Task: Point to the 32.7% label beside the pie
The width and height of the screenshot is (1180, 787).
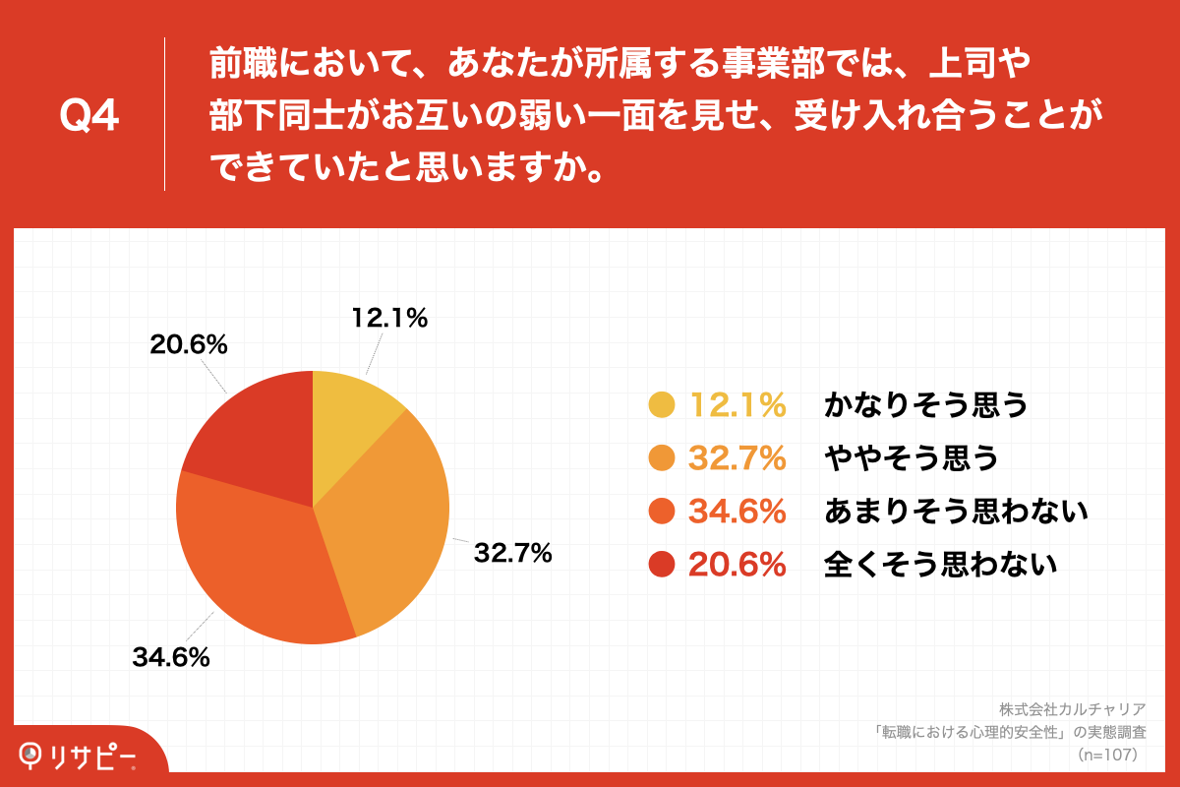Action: pyautogui.click(x=512, y=554)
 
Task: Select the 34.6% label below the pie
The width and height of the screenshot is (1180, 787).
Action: pyautogui.click(x=171, y=658)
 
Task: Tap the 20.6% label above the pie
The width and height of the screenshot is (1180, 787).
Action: pyautogui.click(x=189, y=345)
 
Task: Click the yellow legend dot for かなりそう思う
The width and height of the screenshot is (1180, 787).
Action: pyautogui.click(x=662, y=405)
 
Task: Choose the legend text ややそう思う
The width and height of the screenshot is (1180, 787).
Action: pyautogui.click(x=912, y=457)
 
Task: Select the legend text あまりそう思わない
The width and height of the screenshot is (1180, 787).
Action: pyautogui.click(x=956, y=511)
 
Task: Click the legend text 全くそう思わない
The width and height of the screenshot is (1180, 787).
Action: pyautogui.click(x=940, y=564)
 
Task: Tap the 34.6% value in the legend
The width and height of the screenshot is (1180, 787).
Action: pyautogui.click(x=737, y=511)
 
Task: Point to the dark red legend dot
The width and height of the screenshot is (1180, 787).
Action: pyautogui.click(x=662, y=564)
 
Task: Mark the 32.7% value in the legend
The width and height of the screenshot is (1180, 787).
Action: pyautogui.click(x=737, y=457)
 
